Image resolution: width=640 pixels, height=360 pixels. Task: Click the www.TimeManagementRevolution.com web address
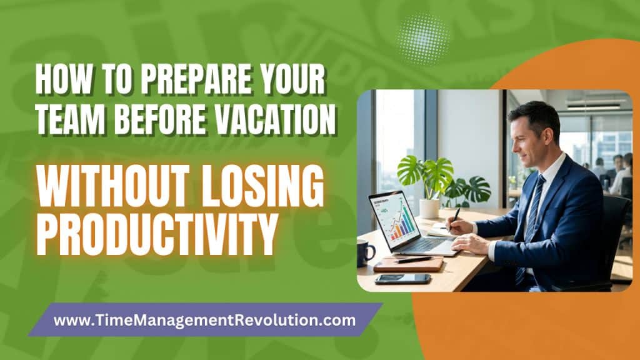[x=204, y=320]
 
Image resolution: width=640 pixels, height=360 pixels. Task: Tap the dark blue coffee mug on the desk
[x=365, y=253]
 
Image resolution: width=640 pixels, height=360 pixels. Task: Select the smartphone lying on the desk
[x=403, y=279]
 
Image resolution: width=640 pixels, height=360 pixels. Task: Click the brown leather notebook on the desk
[x=408, y=264]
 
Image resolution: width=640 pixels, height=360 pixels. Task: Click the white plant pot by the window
[x=429, y=208]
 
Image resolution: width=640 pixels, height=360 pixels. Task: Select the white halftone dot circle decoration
[x=422, y=39]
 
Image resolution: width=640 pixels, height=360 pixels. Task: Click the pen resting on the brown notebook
[x=413, y=259]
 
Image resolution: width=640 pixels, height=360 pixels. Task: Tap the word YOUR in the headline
[x=294, y=79]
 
